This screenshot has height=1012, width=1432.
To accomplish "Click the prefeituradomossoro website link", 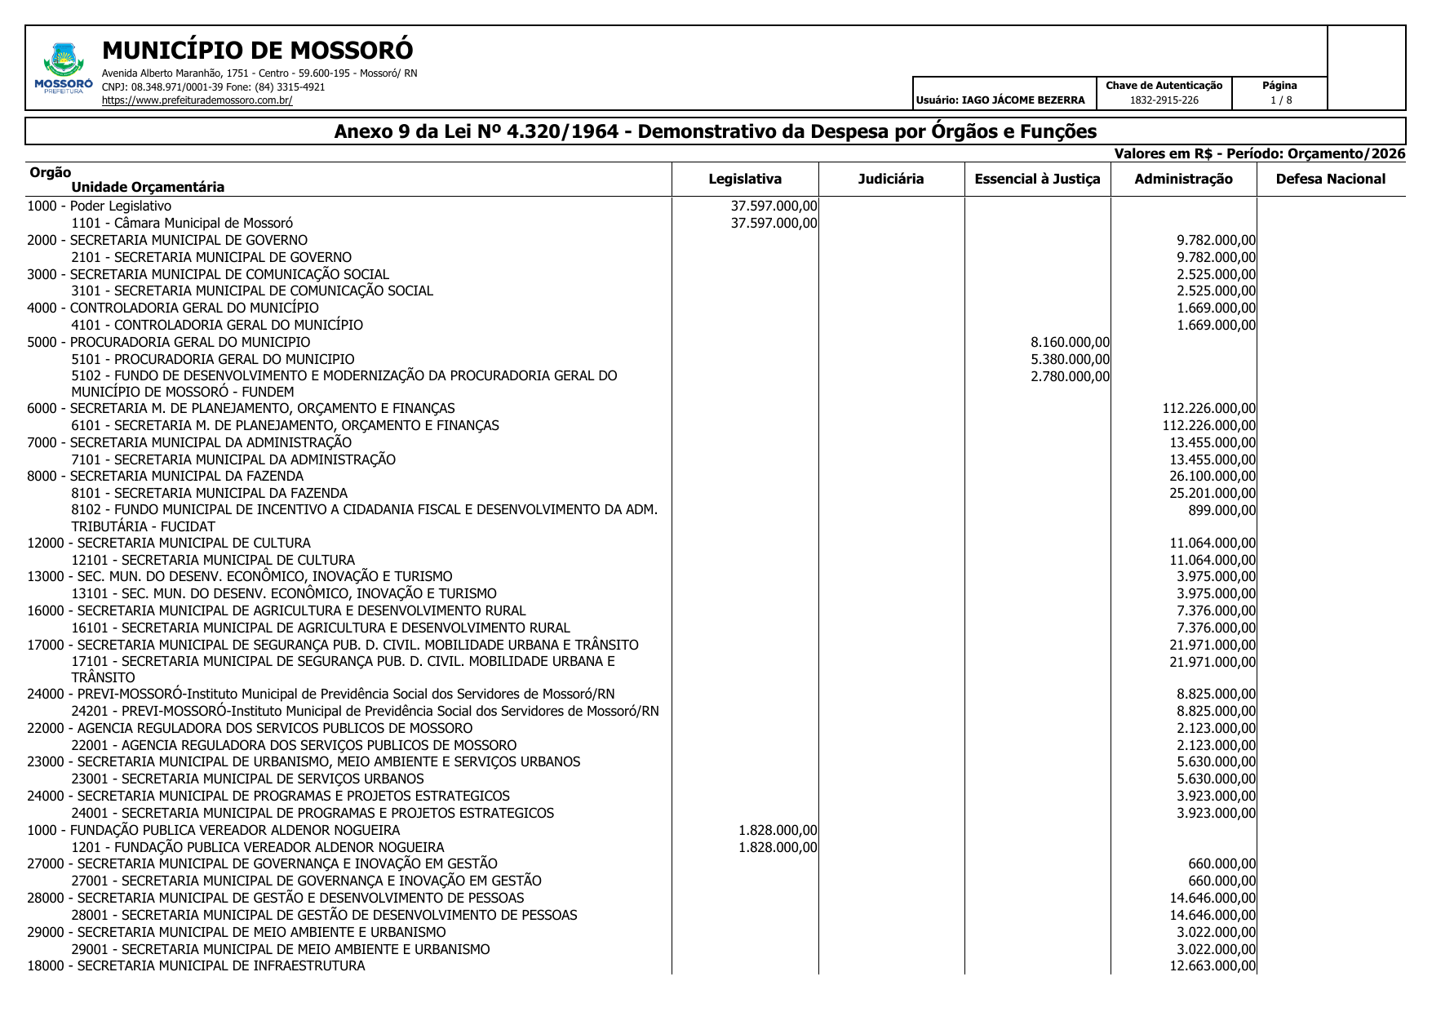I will click(197, 100).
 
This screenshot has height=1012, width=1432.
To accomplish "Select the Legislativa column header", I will click(744, 180).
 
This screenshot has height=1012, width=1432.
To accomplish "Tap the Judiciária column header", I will click(890, 180).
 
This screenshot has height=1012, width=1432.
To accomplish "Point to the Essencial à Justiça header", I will click(1036, 180).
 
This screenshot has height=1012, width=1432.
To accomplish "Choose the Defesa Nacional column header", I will click(1330, 180).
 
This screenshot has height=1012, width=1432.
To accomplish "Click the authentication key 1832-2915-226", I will click(1164, 100).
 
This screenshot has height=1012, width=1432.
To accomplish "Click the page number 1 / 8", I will click(1280, 100).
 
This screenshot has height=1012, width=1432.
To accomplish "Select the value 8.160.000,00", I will click(1069, 343).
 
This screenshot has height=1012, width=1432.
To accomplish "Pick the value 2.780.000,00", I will click(1069, 376).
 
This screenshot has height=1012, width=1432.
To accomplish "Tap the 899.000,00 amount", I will click(1221, 511).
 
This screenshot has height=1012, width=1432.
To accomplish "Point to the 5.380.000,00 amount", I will click(1069, 360).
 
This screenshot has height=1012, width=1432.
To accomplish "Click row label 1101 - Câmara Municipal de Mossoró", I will click(182, 224).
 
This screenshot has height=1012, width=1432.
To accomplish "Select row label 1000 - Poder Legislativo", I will click(100, 206).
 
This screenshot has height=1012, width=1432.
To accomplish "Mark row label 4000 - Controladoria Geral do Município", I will click(173, 308).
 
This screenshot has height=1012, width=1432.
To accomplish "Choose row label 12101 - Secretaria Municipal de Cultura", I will click(213, 561).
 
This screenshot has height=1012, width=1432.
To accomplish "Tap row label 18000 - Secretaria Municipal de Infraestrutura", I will click(196, 966).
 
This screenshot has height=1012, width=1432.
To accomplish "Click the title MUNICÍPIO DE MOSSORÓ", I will click(257, 51).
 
